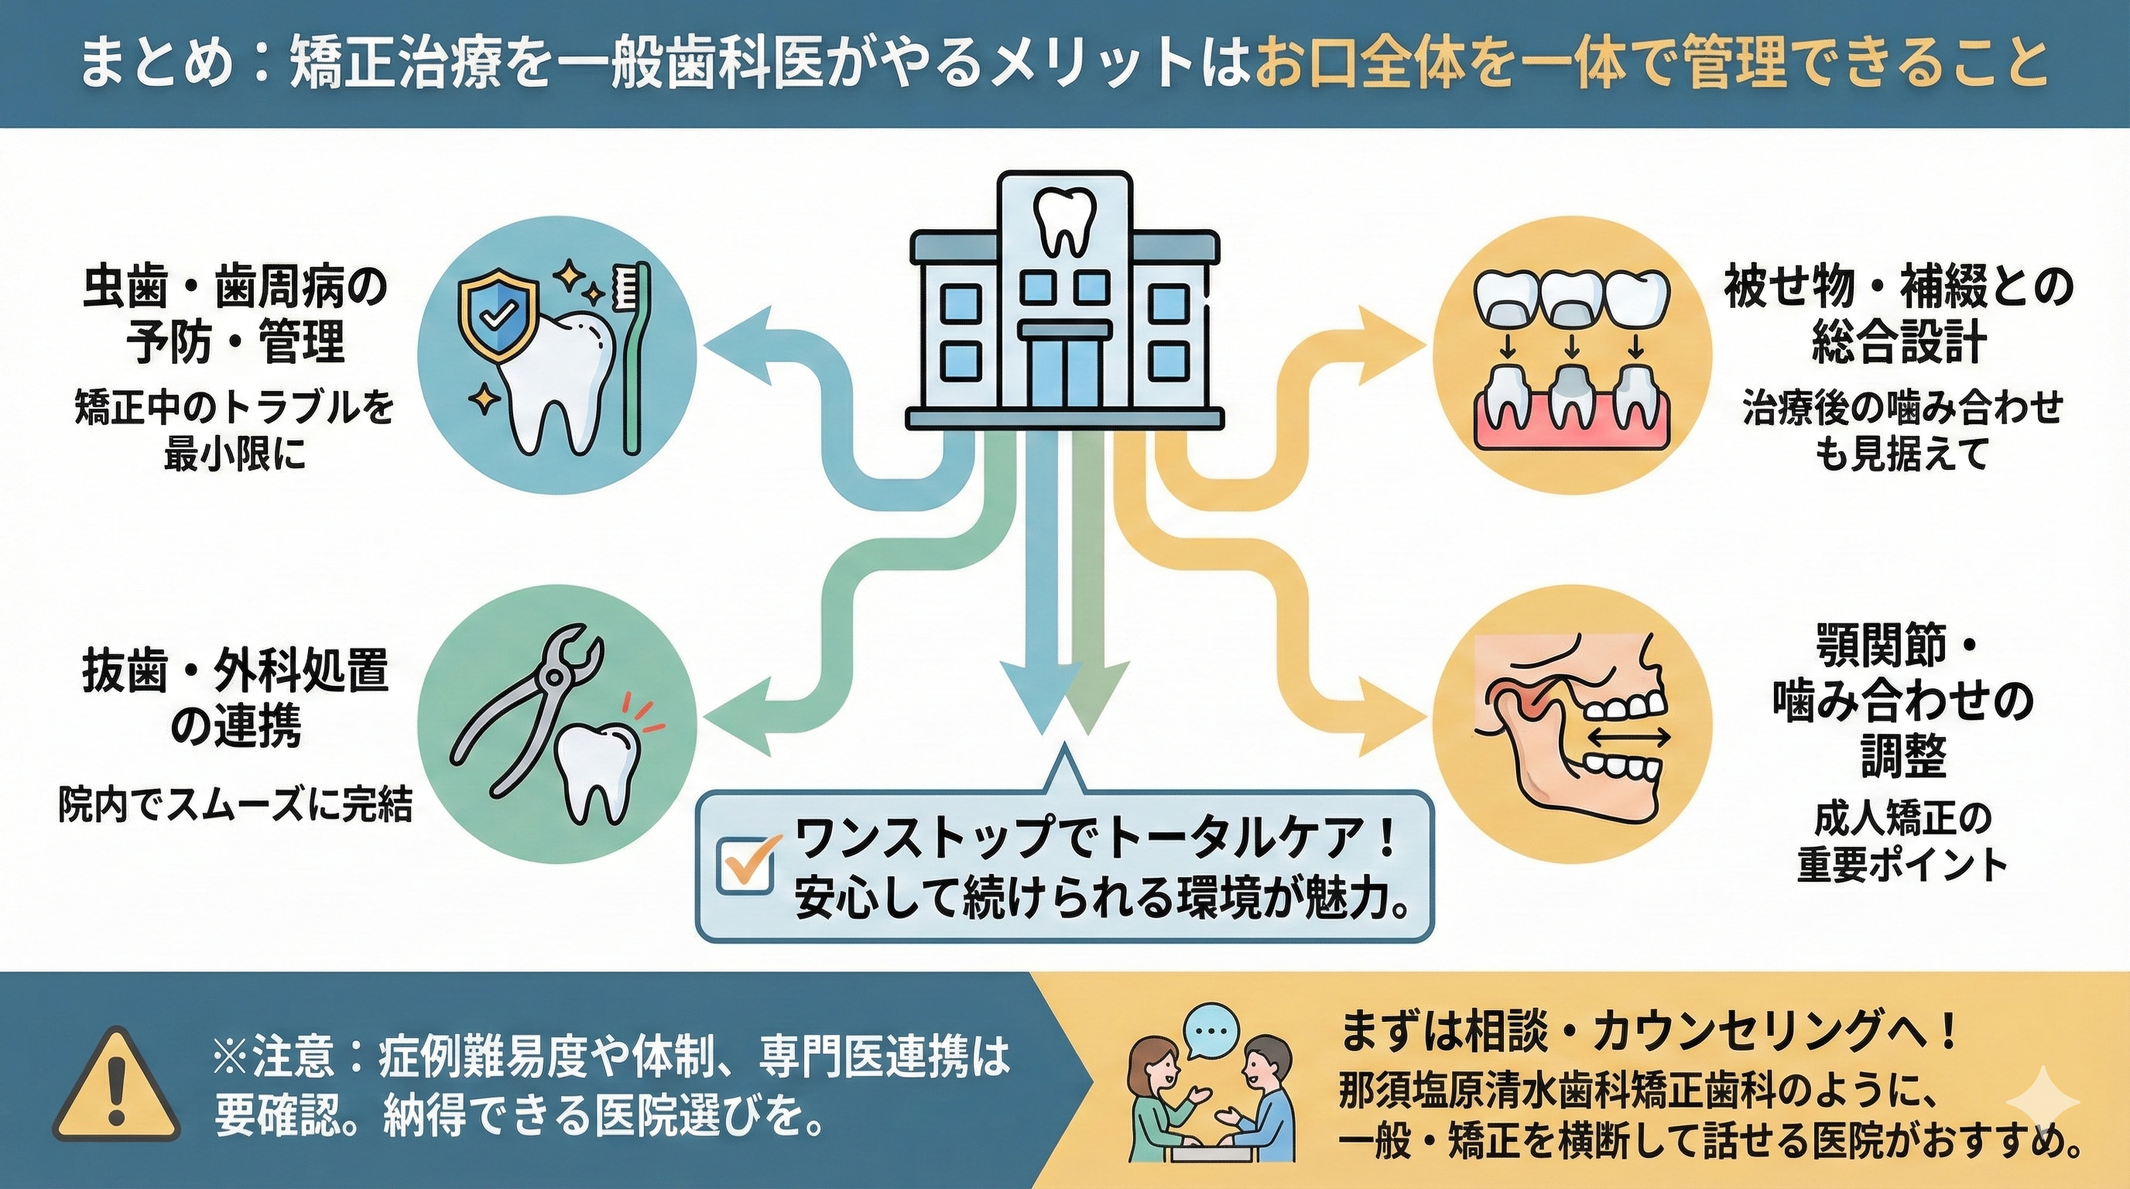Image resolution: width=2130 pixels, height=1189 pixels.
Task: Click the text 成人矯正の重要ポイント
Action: click(x=1899, y=842)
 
